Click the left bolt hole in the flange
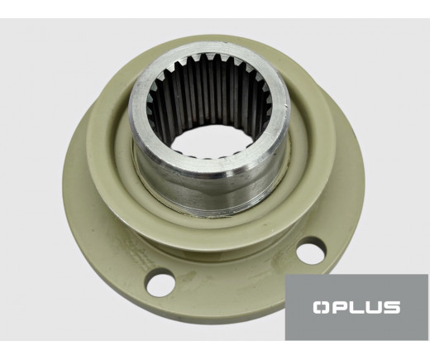point(161,281)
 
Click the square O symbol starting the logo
point(321,307)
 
